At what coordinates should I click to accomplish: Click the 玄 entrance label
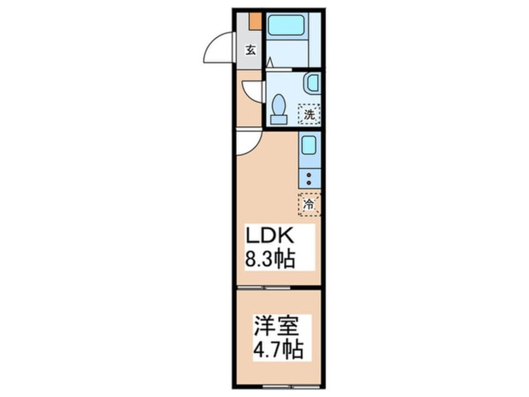[250, 51]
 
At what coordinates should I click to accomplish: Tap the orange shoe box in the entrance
[254, 20]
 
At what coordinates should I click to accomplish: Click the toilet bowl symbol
[279, 103]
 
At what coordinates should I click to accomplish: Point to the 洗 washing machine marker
[309, 114]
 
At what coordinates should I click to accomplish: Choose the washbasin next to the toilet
[313, 83]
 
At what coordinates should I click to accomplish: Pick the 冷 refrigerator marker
[309, 204]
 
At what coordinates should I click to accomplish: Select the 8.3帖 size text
[270, 257]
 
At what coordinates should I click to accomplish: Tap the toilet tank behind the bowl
[279, 118]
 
